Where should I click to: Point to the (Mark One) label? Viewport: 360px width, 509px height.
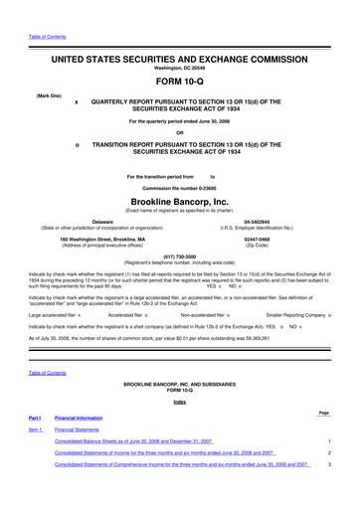(52, 95)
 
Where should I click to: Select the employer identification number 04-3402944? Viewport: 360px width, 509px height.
(261, 221)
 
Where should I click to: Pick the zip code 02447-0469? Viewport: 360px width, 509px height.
(261, 240)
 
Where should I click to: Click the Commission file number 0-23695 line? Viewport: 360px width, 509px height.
(179, 188)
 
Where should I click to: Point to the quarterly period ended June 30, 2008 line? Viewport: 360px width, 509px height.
(179, 122)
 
